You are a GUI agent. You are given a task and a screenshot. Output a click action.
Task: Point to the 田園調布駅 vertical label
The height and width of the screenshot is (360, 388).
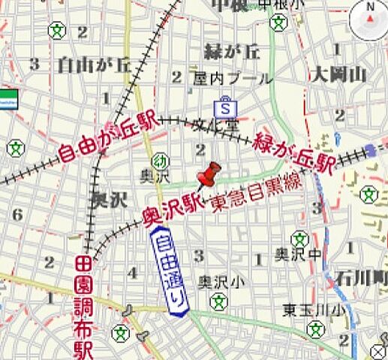click(83, 307)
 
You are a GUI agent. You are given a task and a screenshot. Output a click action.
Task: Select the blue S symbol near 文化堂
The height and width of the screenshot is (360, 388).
click(224, 106)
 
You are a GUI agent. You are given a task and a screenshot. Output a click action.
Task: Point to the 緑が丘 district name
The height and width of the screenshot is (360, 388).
click(232, 52)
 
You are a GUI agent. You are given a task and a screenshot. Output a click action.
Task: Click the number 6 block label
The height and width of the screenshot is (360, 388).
click(17, 214)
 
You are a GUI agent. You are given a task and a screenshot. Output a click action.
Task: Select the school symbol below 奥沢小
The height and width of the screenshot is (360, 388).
click(218, 301)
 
